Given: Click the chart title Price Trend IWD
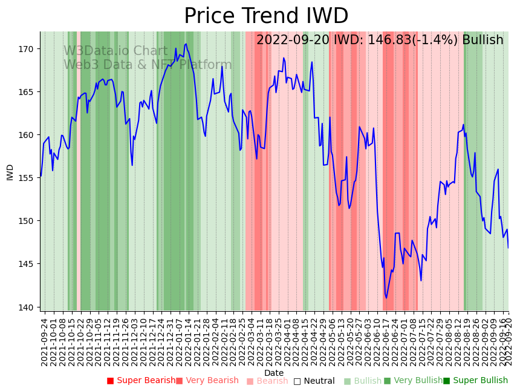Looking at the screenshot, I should pos(266,16).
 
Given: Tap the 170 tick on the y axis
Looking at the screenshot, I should pos(28,48).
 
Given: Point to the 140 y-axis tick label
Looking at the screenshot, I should pos(28,307).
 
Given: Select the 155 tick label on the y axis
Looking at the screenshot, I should pos(28,178).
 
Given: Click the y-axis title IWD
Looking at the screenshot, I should pos(10,172).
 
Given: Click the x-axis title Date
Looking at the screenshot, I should pos(274,373).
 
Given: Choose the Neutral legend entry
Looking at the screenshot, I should pos(314,381).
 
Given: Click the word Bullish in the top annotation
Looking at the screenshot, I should pos(483,40).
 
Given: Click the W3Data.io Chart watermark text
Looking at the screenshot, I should pos(115,51).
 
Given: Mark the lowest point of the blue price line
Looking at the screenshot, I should pos(386,298).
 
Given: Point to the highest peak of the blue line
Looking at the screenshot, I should pos(186,44).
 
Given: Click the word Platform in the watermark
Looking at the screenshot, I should pos(205,65).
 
